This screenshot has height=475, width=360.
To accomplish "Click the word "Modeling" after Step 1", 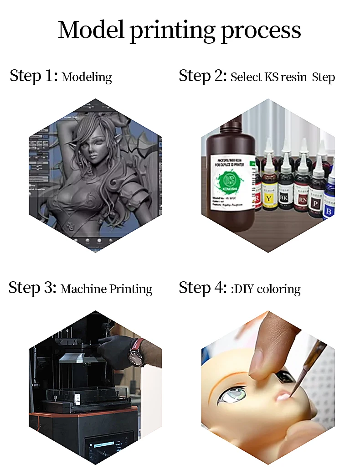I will point(87,77).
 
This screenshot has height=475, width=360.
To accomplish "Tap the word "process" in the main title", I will point(261,30).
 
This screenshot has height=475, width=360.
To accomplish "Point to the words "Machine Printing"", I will point(106,289).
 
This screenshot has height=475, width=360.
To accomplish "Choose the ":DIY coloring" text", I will point(266,289).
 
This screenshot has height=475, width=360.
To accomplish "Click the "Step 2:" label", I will point(203,76).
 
